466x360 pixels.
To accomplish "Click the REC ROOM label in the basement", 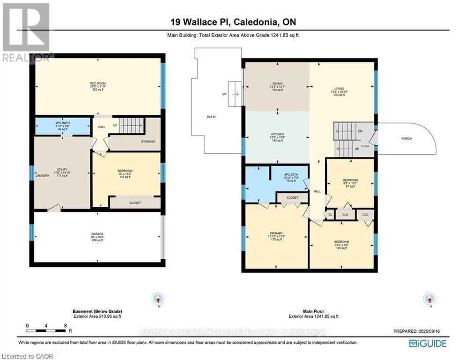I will coord(98,84).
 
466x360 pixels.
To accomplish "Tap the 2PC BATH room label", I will coord(63,124).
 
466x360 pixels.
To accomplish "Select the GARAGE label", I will coord(97,234).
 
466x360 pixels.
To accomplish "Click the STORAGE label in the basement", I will coord(148,141).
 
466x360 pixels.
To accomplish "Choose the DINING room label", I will coord(277,84).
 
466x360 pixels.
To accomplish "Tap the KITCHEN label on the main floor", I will coord(277,135).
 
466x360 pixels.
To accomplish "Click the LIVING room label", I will coord(339,89).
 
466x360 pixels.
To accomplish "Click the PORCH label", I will coord(406,138).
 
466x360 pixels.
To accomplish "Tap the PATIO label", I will coord(211,117).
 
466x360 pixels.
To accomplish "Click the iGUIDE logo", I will coord(427,344).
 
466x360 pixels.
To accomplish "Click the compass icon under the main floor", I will coord(429,299).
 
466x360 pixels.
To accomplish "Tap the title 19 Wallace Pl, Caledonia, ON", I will coord(233,22).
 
